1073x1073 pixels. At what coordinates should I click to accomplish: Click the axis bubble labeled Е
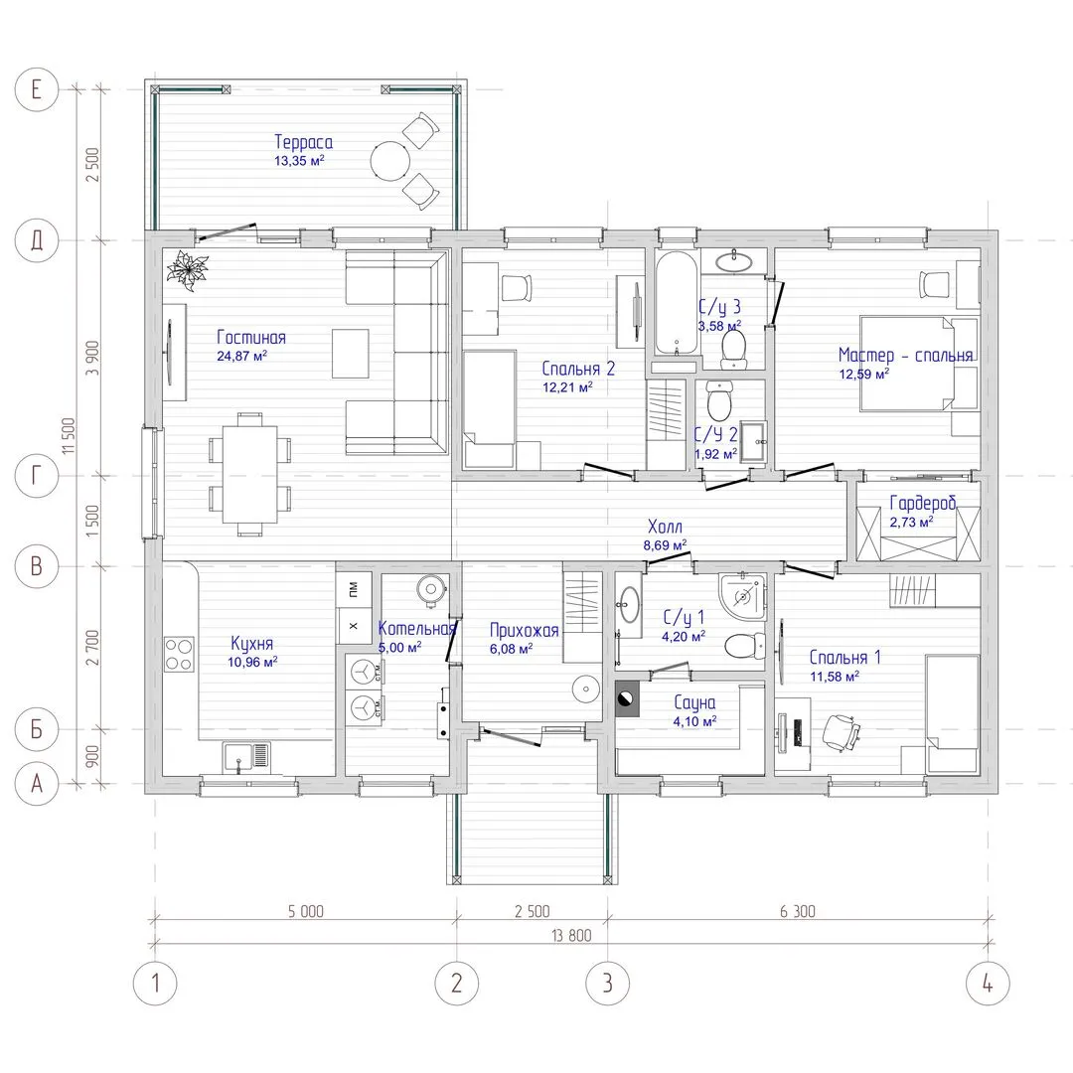pyautogui.click(x=37, y=89)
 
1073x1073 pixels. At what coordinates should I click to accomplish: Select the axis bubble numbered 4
pyautogui.click(x=988, y=984)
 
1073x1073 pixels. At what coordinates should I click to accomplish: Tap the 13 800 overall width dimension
pyautogui.click(x=571, y=936)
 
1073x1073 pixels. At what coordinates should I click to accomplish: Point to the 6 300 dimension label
pyautogui.click(x=797, y=911)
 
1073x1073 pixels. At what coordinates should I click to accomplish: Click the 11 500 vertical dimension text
pyautogui.click(x=69, y=436)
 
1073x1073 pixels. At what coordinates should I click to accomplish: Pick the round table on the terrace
pyautogui.click(x=390, y=161)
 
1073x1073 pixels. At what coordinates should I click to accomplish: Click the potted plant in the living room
pyautogui.click(x=186, y=269)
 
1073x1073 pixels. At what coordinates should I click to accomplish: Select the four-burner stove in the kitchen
pyautogui.click(x=179, y=654)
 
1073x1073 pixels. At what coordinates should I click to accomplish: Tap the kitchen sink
pyautogui.click(x=246, y=758)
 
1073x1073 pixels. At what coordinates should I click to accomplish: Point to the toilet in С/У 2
pyautogui.click(x=718, y=401)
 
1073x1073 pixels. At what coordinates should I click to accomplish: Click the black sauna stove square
pyautogui.click(x=628, y=698)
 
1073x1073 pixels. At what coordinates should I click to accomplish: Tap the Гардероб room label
pyautogui.click(x=922, y=503)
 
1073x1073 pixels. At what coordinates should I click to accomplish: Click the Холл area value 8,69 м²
pyautogui.click(x=665, y=545)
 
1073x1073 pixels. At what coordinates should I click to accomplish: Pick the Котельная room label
pyautogui.click(x=416, y=628)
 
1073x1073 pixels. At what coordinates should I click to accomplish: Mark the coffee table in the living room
pyautogui.click(x=351, y=353)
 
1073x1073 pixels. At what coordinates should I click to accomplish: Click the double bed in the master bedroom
pyautogui.click(x=919, y=364)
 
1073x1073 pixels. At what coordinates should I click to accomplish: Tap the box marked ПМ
pyautogui.click(x=354, y=587)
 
